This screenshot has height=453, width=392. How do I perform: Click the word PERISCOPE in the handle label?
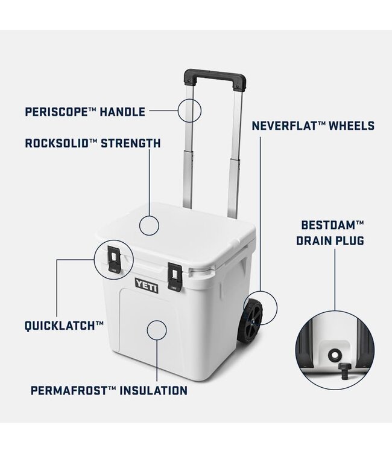[56, 112]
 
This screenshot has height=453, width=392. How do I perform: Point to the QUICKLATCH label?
[64, 326]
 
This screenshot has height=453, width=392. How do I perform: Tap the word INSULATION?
[153, 391]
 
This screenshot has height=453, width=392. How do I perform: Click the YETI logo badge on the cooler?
[147, 286]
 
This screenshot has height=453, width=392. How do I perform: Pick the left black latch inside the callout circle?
[115, 259]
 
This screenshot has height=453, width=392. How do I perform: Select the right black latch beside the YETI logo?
[174, 277]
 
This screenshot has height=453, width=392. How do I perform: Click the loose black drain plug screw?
[344, 371]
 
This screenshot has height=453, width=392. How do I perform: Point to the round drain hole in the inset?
[334, 355]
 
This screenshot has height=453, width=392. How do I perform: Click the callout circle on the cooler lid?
[149, 226]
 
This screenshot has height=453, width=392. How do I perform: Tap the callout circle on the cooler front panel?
[157, 330]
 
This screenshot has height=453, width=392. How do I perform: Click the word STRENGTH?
[131, 143]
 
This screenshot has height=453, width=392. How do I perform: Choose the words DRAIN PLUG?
[330, 240]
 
